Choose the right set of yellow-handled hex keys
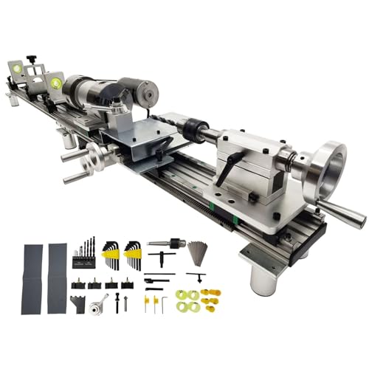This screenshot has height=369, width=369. (134, 255)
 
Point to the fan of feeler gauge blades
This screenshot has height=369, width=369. (198, 251)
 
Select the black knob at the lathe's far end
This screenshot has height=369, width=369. (31, 58)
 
